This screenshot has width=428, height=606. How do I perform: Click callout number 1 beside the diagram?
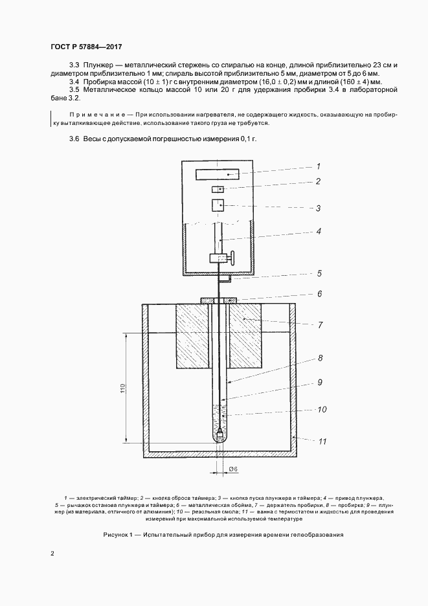[319, 166]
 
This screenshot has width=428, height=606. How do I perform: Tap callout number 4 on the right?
[319, 231]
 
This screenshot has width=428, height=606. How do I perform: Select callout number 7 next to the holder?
[320, 325]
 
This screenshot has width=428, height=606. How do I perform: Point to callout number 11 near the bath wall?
[322, 441]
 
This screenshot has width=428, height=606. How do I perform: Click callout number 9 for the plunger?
[320, 382]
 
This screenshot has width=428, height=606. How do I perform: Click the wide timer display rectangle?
[218, 174]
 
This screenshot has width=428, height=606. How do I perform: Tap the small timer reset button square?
[218, 189]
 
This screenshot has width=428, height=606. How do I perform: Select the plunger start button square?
[218, 205]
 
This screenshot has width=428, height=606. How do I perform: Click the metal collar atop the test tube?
[219, 300]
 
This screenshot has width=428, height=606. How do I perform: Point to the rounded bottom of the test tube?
[220, 438]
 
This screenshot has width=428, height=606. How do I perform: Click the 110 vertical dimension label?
[122, 388]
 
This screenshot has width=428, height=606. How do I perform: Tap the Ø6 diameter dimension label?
[233, 469]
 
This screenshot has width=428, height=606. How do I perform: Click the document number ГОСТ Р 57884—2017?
[86, 47]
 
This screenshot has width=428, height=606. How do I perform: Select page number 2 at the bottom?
[52, 554]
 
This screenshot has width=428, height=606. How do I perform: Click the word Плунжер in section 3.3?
[97, 65]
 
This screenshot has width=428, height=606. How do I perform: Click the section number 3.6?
[74, 139]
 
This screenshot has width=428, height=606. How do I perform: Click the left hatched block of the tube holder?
[192, 335]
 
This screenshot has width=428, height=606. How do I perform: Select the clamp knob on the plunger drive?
[232, 258]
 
